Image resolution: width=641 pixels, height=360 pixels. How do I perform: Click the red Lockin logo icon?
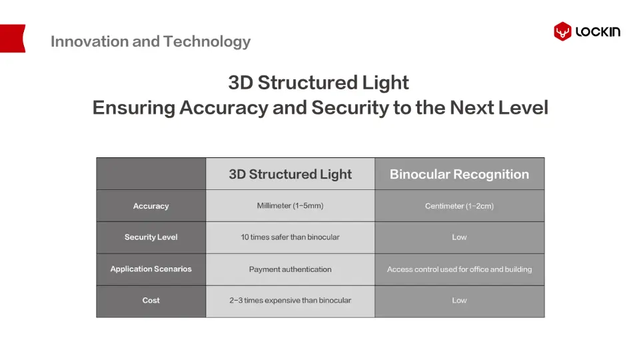562,31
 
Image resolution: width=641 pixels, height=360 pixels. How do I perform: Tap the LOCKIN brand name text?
598,32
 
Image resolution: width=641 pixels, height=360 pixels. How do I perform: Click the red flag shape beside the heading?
13,39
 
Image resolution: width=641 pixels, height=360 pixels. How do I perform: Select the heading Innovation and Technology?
151,42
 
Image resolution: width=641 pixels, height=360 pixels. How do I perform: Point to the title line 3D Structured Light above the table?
319,83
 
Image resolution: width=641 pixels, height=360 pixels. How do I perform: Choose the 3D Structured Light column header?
291,174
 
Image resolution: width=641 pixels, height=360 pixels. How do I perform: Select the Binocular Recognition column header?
460,174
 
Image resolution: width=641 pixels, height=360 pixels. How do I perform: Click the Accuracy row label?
151,206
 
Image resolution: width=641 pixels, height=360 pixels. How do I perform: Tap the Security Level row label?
151,237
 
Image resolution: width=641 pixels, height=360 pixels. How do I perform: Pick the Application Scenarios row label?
151,269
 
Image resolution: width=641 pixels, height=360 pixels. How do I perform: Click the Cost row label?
151,300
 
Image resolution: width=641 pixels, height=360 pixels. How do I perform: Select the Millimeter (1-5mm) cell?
291,206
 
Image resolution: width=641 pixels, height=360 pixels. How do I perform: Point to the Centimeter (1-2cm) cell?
460,206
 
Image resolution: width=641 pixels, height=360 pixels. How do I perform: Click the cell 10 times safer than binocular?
291,237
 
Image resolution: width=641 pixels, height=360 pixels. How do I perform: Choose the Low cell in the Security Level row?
460,237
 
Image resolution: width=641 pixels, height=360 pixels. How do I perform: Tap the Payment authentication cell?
291,269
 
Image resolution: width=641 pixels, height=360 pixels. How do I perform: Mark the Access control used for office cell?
460,269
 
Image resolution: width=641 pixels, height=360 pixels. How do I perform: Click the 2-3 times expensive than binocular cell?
291,300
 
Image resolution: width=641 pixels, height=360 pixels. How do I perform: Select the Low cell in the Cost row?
460,300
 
